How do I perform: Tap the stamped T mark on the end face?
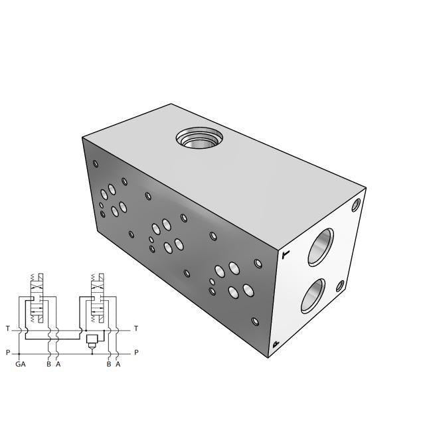(x=286, y=253)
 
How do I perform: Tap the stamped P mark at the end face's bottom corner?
(x=276, y=343)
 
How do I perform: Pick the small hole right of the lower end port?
(x=339, y=286)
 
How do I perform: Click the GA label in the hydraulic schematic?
(x=21, y=364)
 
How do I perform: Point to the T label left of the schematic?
(x=7, y=329)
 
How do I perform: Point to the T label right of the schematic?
(x=136, y=329)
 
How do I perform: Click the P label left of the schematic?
(x=7, y=353)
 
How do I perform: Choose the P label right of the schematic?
(x=136, y=353)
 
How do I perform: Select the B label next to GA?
(x=48, y=364)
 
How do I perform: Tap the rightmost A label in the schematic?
(x=118, y=364)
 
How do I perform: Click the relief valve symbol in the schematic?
(x=92, y=340)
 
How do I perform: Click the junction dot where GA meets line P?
(x=21, y=353)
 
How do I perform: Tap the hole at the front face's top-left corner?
(x=96, y=163)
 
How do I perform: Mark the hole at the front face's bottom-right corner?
(x=256, y=323)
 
